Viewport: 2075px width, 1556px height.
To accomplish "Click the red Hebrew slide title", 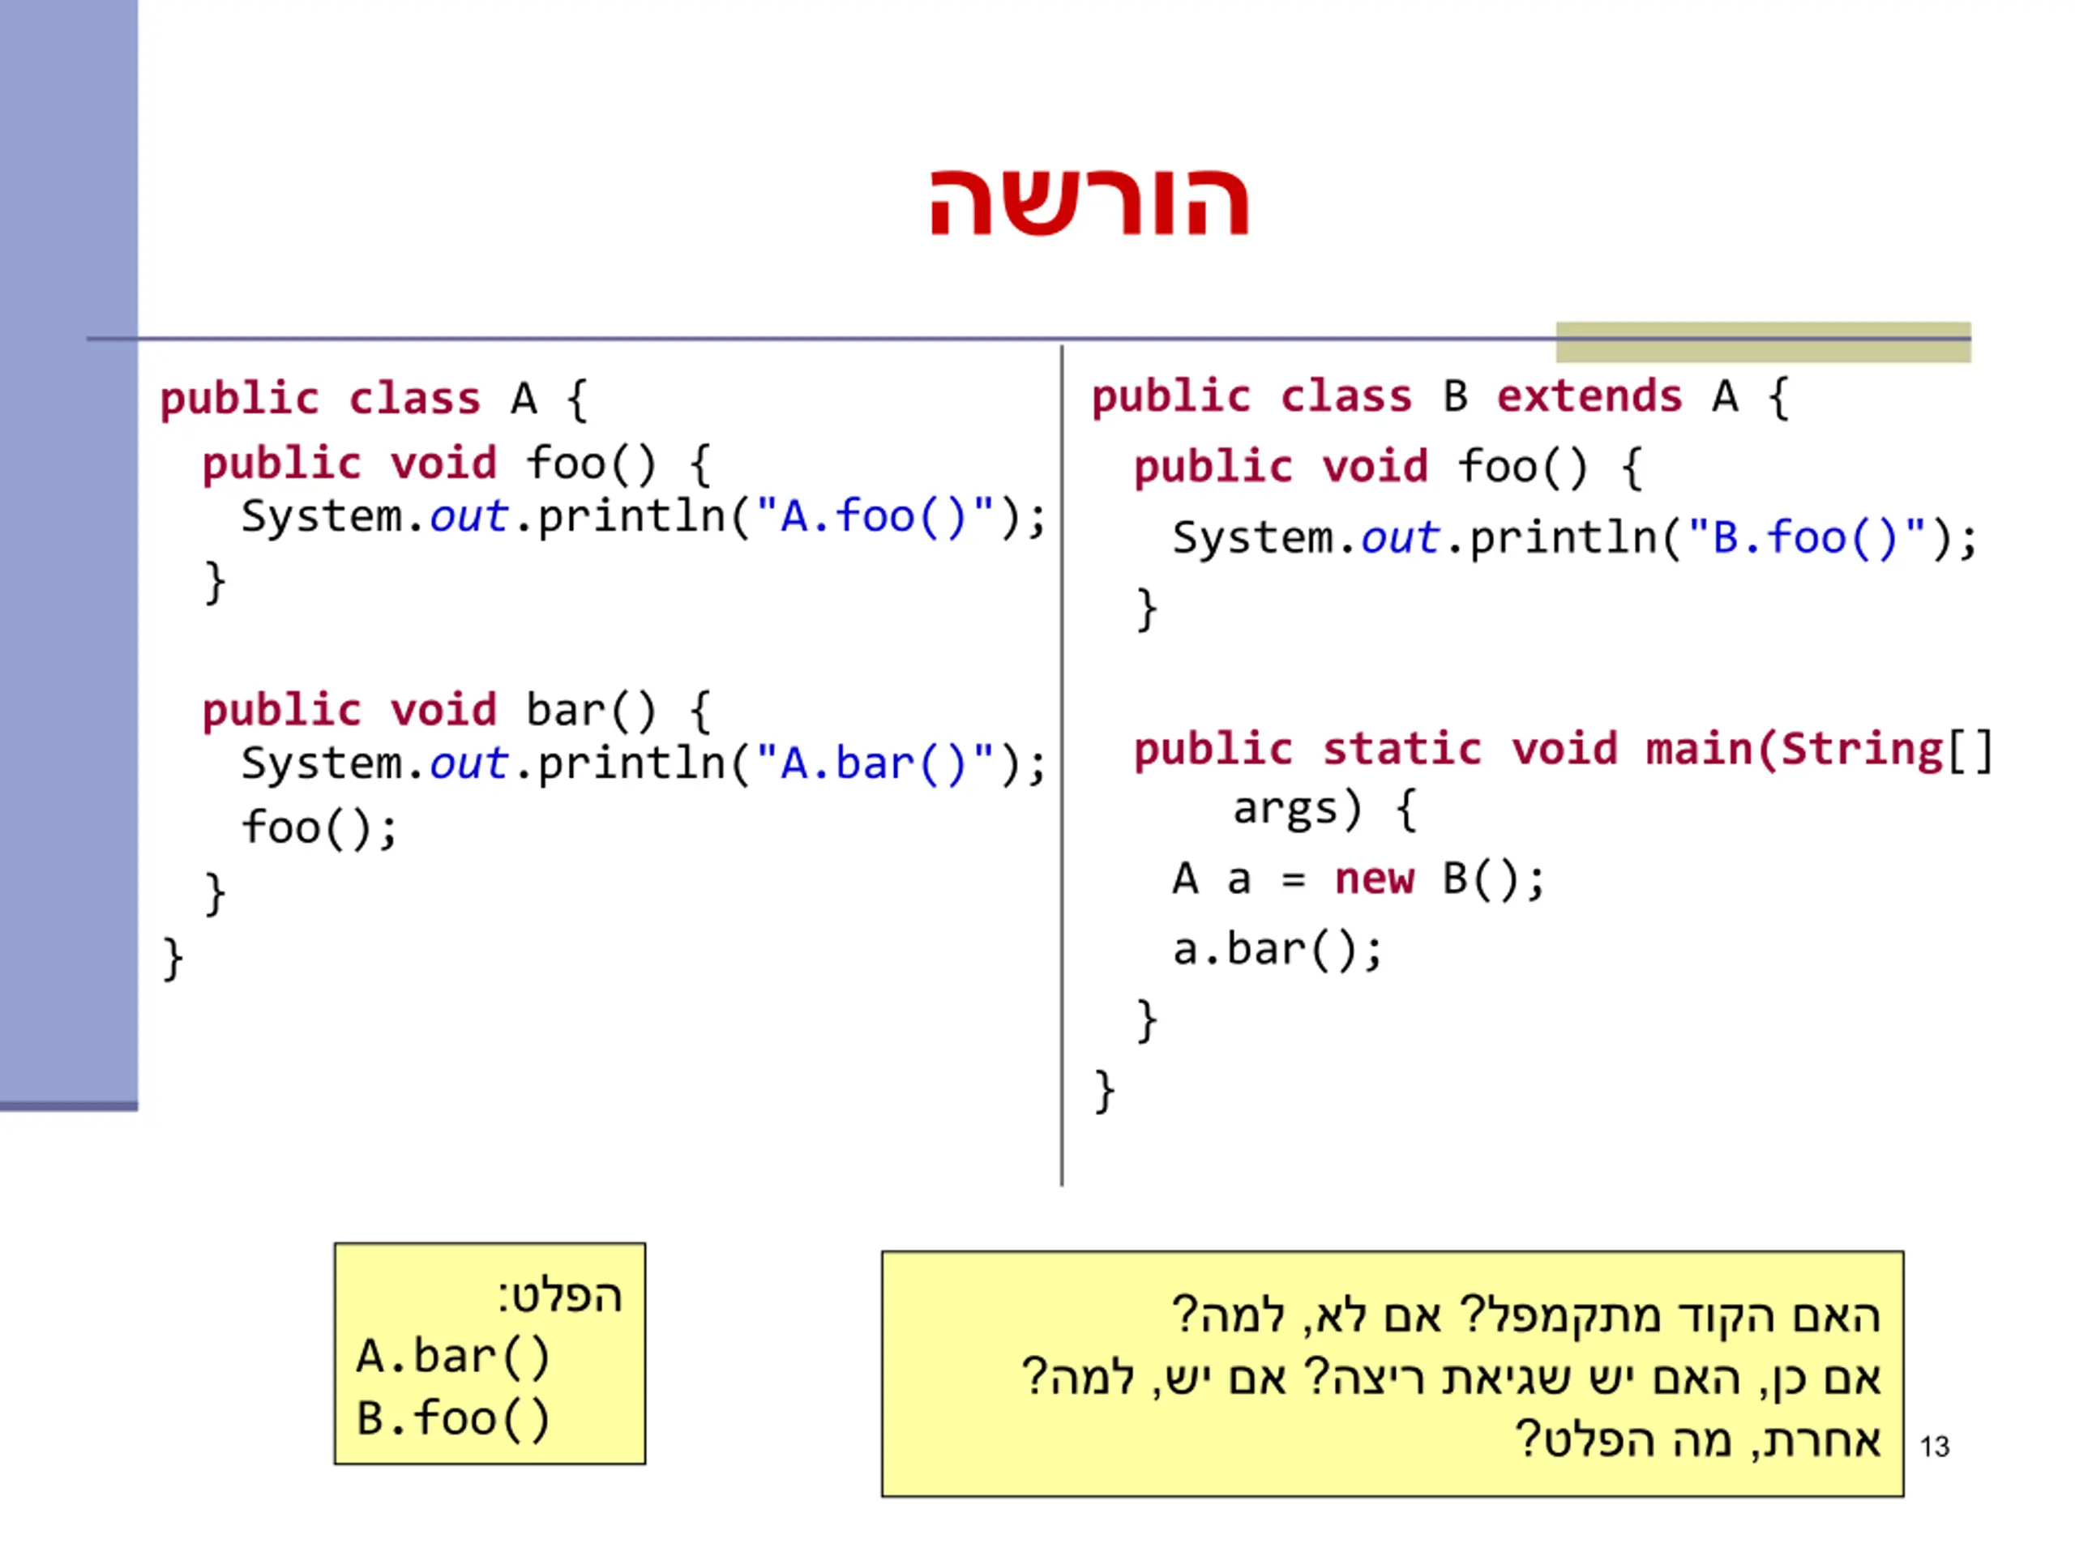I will (1088, 202).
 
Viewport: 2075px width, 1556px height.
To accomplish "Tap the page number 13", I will (1934, 1447).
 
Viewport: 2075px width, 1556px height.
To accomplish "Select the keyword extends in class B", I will (1589, 397).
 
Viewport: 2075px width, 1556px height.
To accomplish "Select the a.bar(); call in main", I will (1277, 950).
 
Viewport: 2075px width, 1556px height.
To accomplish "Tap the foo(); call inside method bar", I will (319, 828).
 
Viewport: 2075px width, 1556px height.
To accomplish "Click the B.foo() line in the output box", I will (453, 1418).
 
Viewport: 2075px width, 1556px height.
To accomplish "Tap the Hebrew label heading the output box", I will (560, 1296).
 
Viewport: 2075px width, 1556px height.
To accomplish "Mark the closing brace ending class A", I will (173, 959).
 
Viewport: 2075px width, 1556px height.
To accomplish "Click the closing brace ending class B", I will (1104, 1091).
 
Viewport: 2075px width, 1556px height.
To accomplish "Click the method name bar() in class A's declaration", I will (590, 710).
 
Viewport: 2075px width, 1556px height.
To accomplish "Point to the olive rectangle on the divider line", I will (1763, 342).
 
